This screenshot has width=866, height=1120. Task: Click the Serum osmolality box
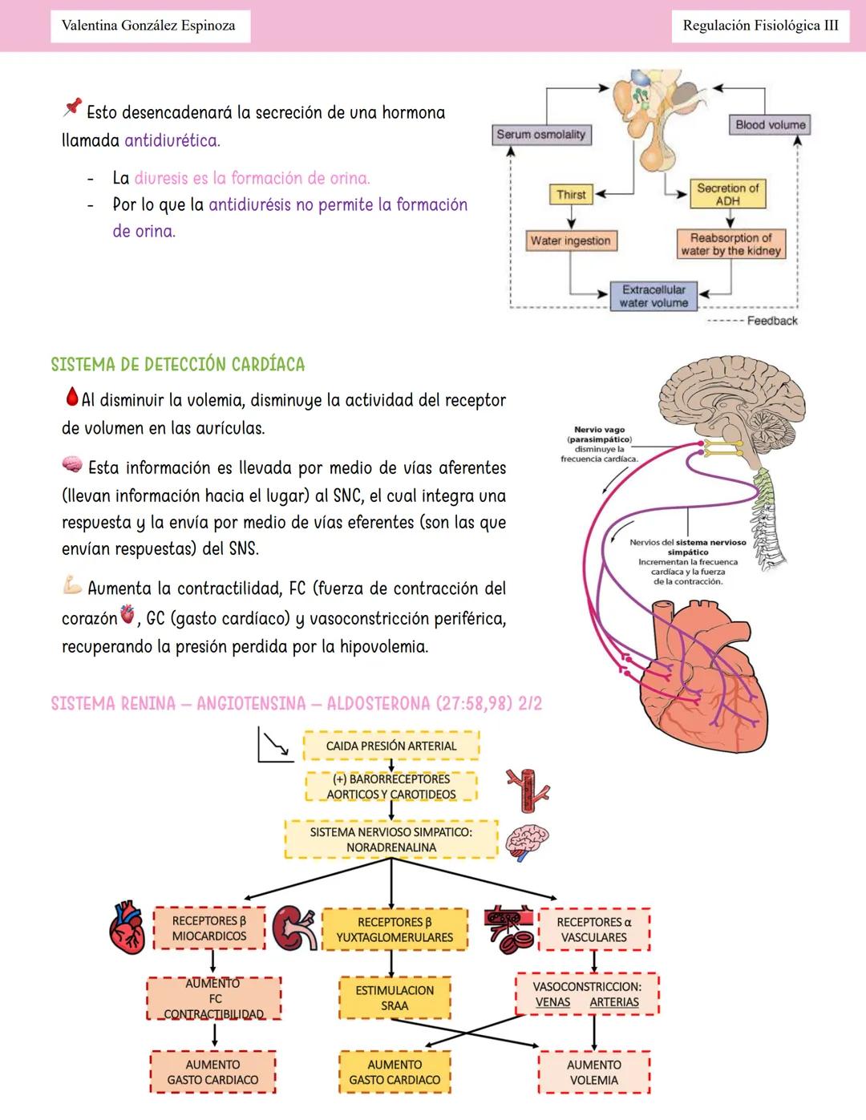tap(541, 135)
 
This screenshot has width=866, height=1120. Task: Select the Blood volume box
tap(771, 124)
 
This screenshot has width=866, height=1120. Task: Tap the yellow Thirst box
tap(571, 194)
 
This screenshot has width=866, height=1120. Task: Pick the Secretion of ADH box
tap(727, 194)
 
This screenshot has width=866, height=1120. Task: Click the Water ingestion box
tap(570, 241)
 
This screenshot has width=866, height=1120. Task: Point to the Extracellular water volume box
tap(654, 296)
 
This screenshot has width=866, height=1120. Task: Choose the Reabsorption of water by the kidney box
tap(730, 244)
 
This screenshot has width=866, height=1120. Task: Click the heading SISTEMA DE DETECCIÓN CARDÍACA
tap(178, 365)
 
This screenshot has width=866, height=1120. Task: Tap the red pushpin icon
tap(72, 107)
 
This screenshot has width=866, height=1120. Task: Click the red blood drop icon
tap(71, 396)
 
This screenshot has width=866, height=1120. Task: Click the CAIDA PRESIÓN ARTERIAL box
tap(391, 746)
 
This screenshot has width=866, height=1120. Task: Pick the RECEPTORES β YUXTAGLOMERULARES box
tap(395, 930)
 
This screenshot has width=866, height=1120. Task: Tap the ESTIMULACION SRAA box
tap(395, 998)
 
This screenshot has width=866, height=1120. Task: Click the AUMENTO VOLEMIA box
tap(593, 1072)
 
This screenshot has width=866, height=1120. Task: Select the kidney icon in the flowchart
tap(294, 928)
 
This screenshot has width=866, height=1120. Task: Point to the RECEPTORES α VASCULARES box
tap(593, 929)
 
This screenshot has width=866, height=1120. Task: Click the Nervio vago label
tap(600, 430)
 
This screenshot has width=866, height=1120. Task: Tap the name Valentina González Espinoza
tap(148, 26)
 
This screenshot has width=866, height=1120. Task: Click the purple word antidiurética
tap(172, 140)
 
